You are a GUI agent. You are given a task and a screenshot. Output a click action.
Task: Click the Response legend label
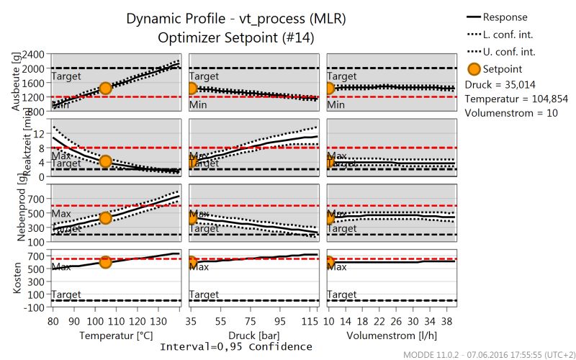[x=505, y=17]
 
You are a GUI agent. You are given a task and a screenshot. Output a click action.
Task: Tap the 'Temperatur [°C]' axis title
[x=115, y=335]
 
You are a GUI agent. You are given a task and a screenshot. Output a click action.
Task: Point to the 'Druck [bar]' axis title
[x=255, y=335]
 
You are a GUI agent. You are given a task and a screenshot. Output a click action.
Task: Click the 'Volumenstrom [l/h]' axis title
[x=392, y=335]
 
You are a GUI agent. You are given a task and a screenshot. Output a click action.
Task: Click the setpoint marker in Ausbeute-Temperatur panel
[x=105, y=88]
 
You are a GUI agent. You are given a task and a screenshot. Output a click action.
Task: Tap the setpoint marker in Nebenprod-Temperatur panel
[x=105, y=217]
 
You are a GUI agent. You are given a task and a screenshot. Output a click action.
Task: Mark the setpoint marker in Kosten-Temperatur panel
[x=105, y=262]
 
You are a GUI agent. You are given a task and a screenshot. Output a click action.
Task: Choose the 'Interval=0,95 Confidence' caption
[x=235, y=347]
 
